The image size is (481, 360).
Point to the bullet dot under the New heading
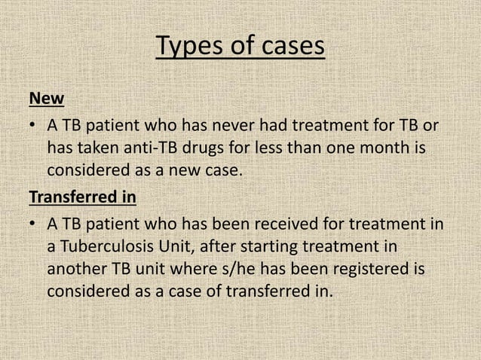[33, 124]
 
